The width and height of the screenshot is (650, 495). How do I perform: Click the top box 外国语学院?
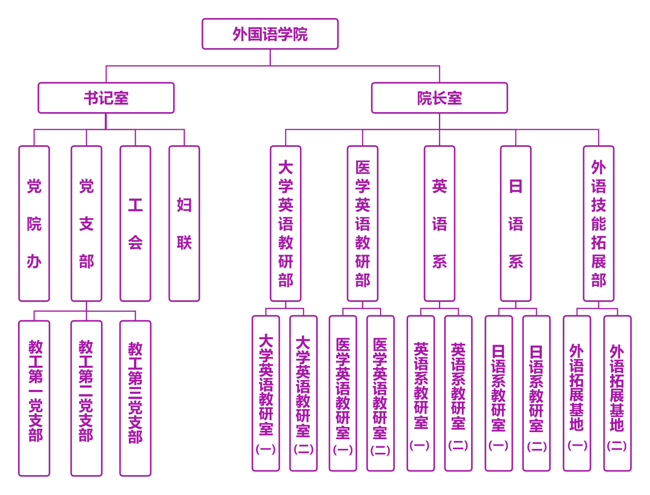(270, 34)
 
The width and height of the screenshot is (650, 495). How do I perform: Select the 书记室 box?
(106, 98)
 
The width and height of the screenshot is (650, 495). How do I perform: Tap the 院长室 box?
(439, 98)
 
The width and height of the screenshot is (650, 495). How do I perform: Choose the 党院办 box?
(34, 223)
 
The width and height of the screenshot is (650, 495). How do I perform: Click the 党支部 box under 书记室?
(86, 223)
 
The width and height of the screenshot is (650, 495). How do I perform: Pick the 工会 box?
(135, 223)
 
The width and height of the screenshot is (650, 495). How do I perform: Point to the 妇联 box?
(184, 223)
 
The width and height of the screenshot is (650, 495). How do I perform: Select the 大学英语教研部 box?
(285, 223)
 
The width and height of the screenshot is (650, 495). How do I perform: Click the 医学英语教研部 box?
(362, 223)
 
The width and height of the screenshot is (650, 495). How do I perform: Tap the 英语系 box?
(439, 223)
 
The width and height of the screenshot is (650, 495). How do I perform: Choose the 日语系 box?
(516, 223)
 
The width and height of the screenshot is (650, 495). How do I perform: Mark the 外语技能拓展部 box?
(599, 223)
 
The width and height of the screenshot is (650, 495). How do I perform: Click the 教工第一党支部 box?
(34, 398)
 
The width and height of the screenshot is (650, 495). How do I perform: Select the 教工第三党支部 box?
(135, 398)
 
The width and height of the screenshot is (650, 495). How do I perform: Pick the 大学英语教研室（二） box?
(303, 393)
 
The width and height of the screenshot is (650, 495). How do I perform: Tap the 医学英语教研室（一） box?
(343, 393)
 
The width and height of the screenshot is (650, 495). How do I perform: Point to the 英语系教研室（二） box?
(458, 393)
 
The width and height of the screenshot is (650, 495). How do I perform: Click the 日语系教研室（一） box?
(499, 393)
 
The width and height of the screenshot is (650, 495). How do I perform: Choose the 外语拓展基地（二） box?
(617, 393)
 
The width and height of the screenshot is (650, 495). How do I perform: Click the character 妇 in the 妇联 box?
(184, 205)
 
